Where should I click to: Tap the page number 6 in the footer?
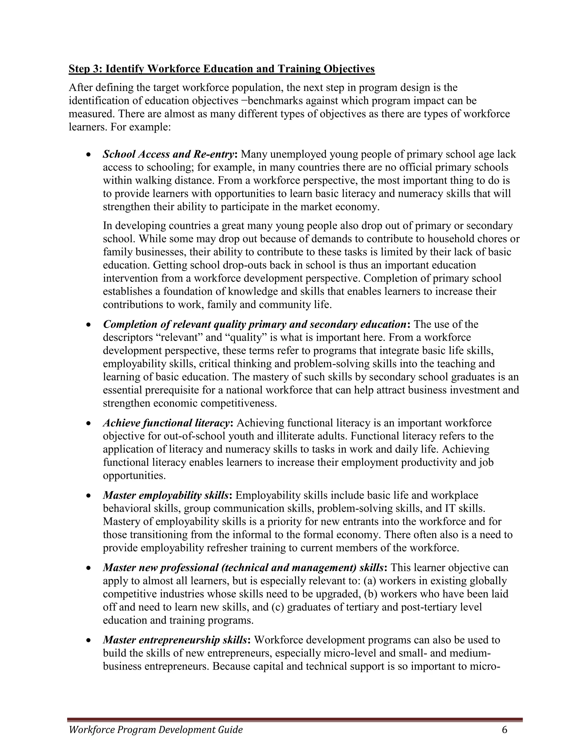pyautogui.click(x=505, y=729)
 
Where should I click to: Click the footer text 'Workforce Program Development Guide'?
pyautogui.click(x=156, y=730)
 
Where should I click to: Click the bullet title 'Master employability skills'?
pyautogui.click(x=166, y=495)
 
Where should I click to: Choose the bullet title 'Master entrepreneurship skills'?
pyautogui.click(x=175, y=640)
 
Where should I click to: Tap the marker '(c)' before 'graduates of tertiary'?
pyautogui.click(x=278, y=607)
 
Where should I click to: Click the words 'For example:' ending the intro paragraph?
pyautogui.click(x=141, y=127)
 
